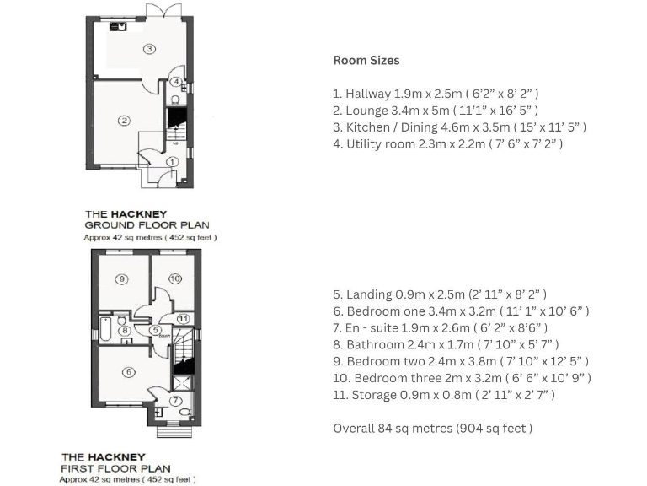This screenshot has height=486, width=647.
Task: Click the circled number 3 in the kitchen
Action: [x=149, y=49]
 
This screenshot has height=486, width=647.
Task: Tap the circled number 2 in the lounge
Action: [x=124, y=121]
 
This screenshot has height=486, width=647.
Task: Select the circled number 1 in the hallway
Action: [x=172, y=162]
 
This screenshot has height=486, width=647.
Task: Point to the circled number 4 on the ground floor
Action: [x=176, y=82]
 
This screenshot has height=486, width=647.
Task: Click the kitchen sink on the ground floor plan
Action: [x=118, y=27]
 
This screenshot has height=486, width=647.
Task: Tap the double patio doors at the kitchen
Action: [x=161, y=10]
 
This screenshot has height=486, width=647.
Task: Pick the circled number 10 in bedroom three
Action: [x=175, y=278]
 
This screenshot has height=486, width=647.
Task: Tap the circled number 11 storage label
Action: [x=184, y=318]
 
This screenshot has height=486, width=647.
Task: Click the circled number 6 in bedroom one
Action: [x=128, y=371]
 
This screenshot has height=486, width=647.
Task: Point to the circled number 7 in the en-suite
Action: [x=176, y=401]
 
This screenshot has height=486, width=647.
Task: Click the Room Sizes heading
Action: [x=366, y=61]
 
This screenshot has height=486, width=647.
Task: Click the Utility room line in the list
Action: [x=447, y=144]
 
